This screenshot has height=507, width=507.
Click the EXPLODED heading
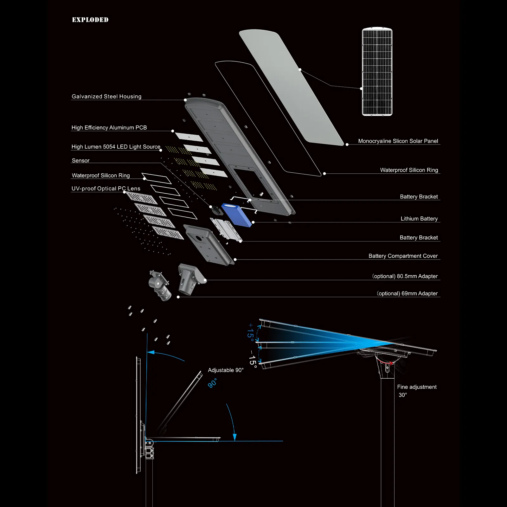[90, 20]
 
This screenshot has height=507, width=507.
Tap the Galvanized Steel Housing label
[106, 96]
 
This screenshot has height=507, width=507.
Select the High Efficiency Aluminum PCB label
[109, 127]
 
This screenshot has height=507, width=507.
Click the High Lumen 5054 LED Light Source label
[116, 147]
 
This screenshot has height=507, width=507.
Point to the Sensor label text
[80, 160]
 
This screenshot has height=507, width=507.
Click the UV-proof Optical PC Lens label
[106, 189]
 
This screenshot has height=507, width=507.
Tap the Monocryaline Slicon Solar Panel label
[398, 141]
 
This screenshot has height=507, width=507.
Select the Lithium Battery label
[419, 219]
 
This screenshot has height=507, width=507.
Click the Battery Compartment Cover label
[403, 256]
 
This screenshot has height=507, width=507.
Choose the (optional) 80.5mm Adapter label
[405, 276]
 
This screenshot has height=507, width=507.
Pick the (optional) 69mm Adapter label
[407, 293]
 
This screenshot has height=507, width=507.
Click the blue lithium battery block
[236, 214]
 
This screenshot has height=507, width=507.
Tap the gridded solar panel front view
[377, 72]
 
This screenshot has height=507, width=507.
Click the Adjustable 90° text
[226, 370]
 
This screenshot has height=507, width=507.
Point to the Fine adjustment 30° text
[416, 390]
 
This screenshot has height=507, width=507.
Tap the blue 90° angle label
[212, 383]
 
